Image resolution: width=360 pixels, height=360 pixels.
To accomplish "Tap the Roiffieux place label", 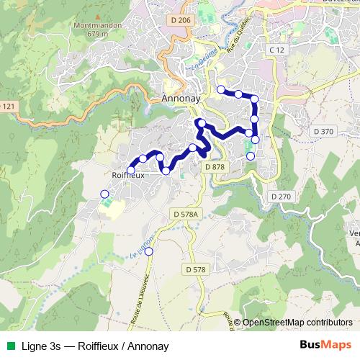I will point(130,174).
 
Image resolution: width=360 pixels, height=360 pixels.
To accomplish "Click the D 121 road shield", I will point(6,107).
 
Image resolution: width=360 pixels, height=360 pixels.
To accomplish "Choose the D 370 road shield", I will point(324,131).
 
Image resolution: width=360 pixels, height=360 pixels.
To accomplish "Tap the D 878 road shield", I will point(215,167).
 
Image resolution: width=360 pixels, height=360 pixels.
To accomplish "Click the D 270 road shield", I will point(280,197).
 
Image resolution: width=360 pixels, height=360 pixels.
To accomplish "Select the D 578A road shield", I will point(185,215).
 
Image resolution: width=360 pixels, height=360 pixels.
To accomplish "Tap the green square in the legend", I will point(9,346).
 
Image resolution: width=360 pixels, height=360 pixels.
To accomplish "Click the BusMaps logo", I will point(325,346).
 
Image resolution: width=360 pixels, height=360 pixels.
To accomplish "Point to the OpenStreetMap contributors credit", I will point(297,323).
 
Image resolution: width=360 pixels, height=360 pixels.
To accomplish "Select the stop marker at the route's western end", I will point(130,171).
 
